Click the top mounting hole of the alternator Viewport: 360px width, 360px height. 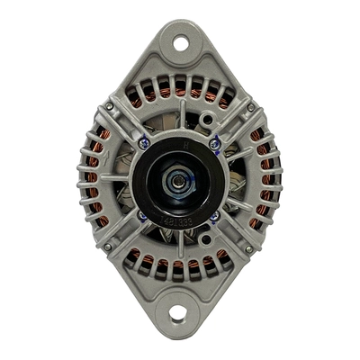coord(179,42)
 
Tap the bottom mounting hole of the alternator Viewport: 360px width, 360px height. coord(177,313)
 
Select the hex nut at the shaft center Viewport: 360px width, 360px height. coord(178,181)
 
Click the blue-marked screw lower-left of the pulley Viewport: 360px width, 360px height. coord(142,216)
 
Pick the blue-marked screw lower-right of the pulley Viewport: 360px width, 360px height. coord(214,216)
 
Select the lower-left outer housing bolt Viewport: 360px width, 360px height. coord(107,247)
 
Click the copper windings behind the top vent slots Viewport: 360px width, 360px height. coord(179,90)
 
